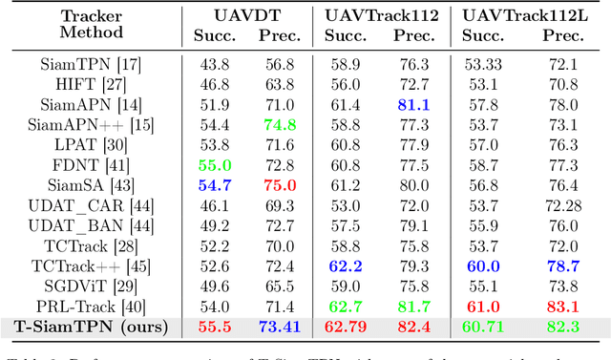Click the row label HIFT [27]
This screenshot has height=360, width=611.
85,84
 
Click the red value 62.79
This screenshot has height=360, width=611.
345,328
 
